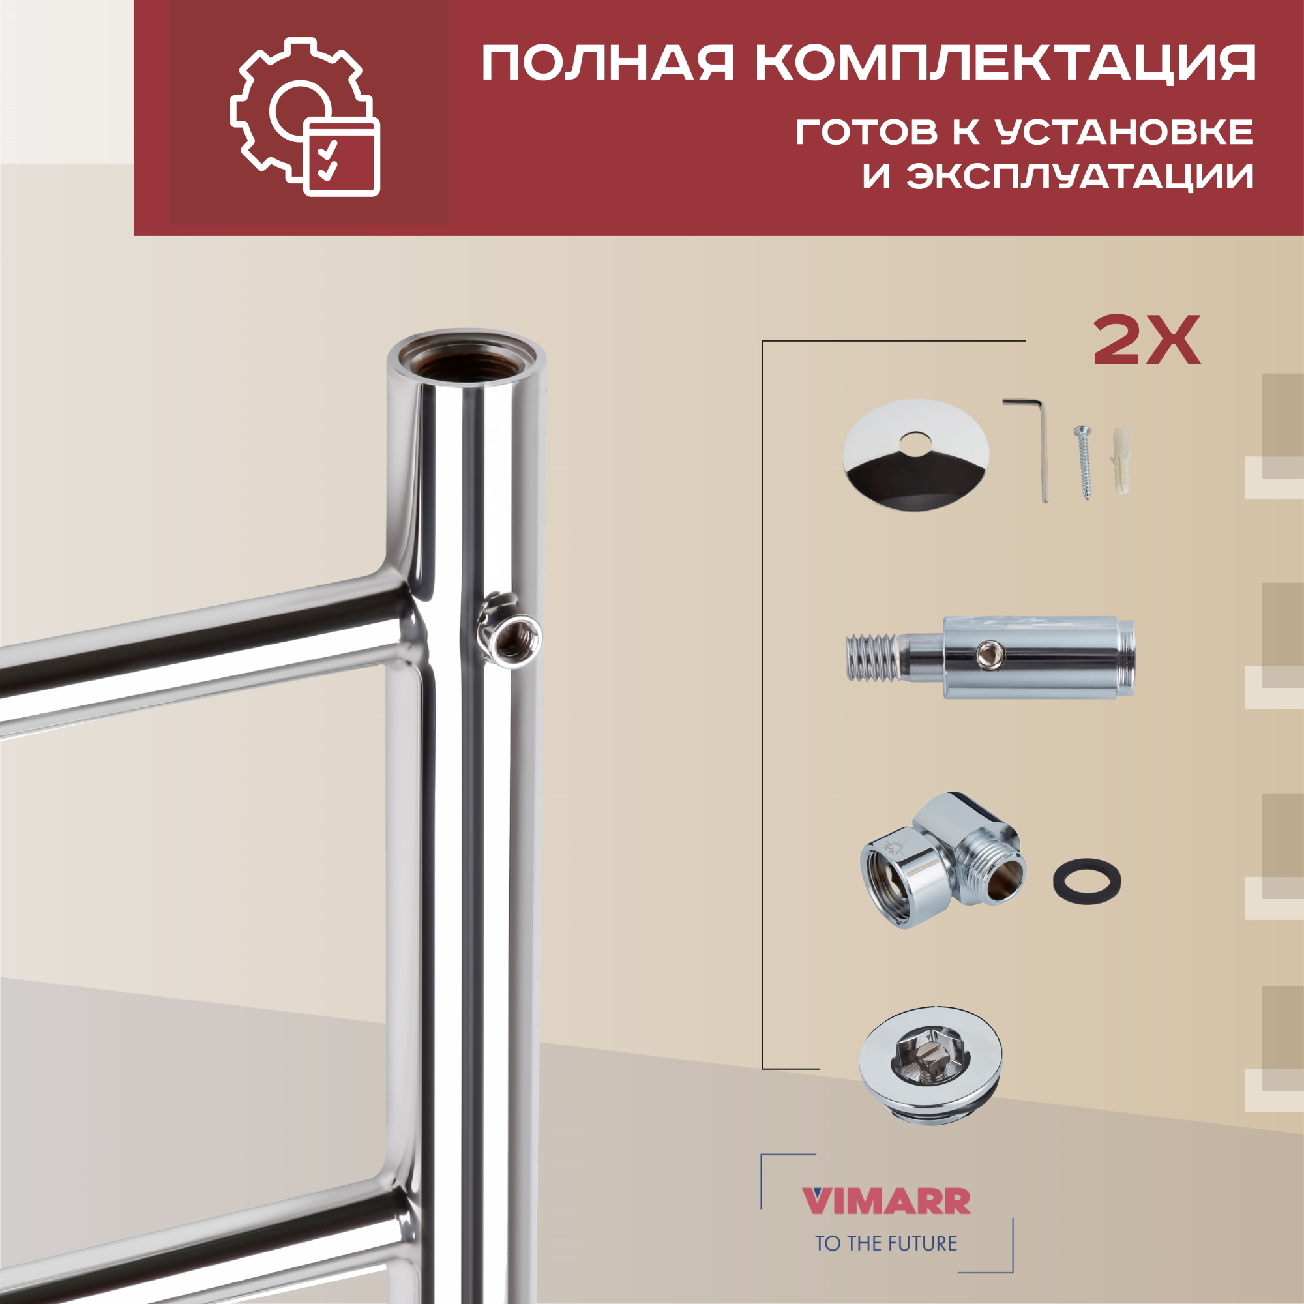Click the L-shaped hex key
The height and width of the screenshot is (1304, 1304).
[x=1033, y=445]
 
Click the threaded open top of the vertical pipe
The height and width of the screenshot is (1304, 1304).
[x=466, y=361]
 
